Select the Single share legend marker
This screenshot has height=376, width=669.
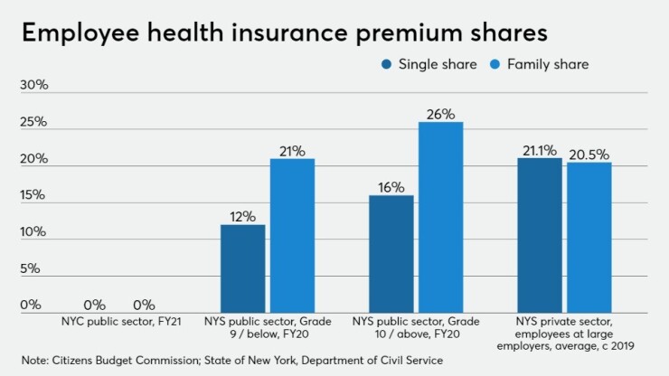[x=387, y=64]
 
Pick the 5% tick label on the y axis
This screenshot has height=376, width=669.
[x=31, y=268]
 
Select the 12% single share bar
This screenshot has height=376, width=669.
[x=243, y=268]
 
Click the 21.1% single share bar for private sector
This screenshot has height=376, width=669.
[x=540, y=234]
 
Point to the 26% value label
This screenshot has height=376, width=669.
[x=441, y=114]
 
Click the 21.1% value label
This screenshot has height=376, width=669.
[x=540, y=150]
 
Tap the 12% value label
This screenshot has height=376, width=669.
[x=243, y=217]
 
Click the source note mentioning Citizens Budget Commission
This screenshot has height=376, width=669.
[x=233, y=361]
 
